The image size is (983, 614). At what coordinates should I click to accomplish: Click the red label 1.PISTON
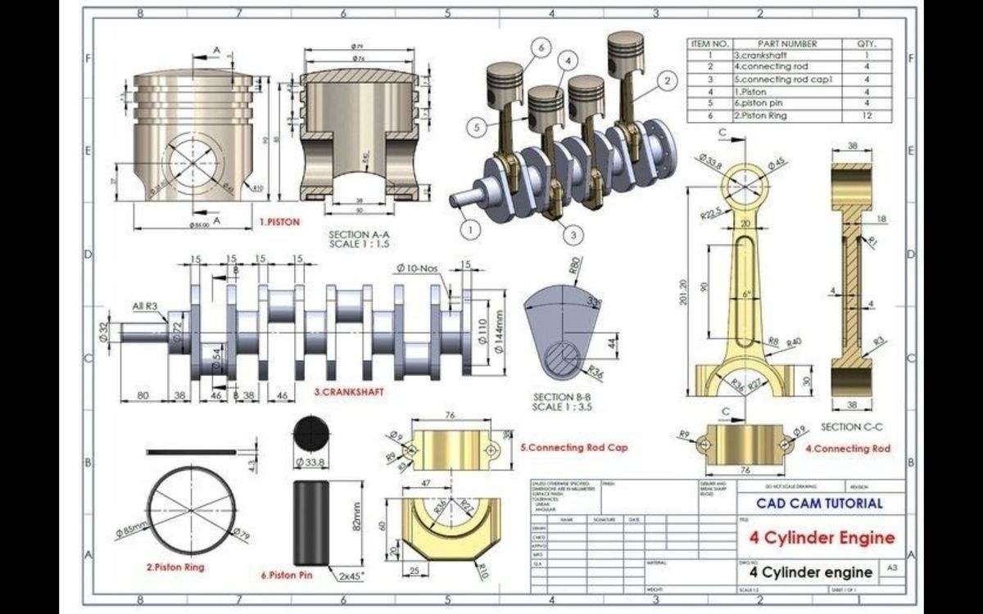click(x=280, y=222)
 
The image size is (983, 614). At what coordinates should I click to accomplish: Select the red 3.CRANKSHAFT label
click(x=349, y=392)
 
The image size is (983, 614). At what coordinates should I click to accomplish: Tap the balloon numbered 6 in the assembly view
click(x=541, y=48)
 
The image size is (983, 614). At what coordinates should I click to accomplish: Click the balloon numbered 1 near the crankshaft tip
click(x=470, y=230)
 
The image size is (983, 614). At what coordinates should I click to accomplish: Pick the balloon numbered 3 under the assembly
click(x=574, y=234)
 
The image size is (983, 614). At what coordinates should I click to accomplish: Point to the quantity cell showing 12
click(x=866, y=116)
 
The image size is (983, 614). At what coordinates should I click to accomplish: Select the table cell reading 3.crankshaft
click(x=763, y=55)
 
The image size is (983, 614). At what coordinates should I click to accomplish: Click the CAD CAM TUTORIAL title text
click(x=819, y=503)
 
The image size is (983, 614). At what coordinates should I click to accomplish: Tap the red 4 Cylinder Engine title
click(x=821, y=538)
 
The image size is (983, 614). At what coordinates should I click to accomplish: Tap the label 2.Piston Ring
click(x=175, y=567)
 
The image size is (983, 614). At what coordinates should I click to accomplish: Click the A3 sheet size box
click(x=891, y=567)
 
